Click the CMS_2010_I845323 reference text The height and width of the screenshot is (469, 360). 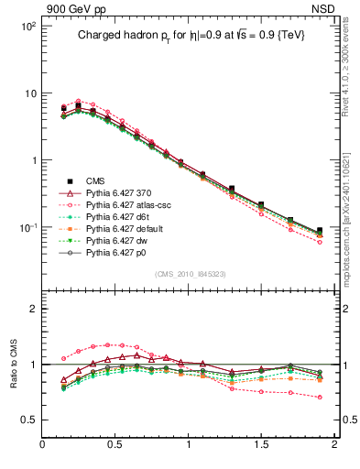pyautogui.click(x=189, y=274)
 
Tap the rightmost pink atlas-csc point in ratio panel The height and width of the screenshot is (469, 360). pyautogui.click(x=320, y=398)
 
